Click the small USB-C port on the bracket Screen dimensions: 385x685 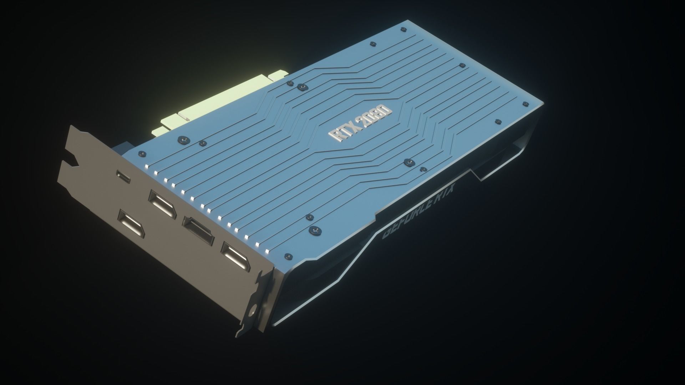123,176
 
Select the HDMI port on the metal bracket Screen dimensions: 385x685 198,231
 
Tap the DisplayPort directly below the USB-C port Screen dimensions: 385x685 132,224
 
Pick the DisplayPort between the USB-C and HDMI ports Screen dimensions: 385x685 162,205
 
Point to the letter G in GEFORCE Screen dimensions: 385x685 386,235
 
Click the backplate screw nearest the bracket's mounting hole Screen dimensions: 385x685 287,256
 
